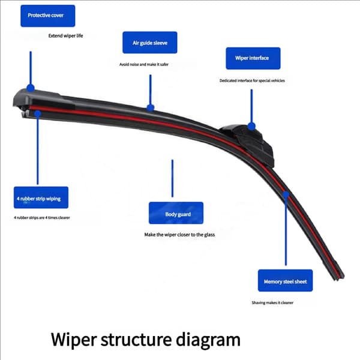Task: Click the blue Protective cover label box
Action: [x=48, y=16]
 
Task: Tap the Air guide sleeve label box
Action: [x=149, y=43]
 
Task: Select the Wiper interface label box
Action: [x=253, y=58]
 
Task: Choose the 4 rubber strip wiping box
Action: [x=41, y=197]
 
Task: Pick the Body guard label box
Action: [x=176, y=213]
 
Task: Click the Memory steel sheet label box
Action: [x=285, y=281]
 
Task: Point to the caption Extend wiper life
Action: [x=65, y=35]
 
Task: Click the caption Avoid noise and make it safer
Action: [x=144, y=65]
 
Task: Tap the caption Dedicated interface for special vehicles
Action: [x=252, y=80]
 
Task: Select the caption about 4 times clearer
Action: [x=42, y=218]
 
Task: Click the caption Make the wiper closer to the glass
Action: [x=179, y=235]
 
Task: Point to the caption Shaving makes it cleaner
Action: [x=272, y=302]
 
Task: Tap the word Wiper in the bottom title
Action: [x=73, y=340]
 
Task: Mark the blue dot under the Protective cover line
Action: [x=31, y=88]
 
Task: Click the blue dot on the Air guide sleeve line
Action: [x=151, y=107]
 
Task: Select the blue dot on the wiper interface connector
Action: [x=251, y=126]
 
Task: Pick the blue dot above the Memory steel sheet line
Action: [x=286, y=195]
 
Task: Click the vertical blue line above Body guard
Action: [x=172, y=178]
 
